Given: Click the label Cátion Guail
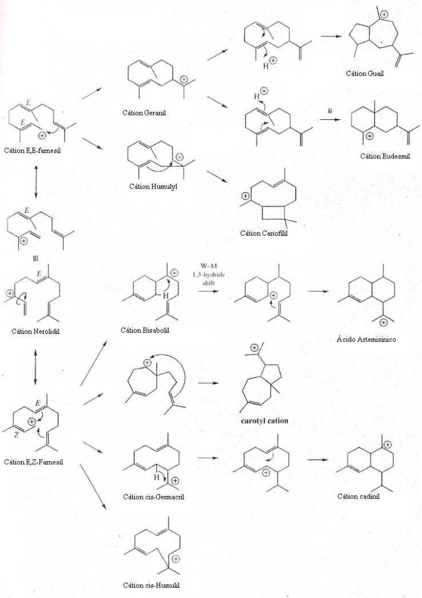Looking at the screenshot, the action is point(365,73).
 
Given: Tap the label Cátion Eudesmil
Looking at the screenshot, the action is point(385,156).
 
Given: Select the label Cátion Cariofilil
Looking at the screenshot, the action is point(264,233).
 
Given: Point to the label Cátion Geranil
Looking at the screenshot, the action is point(144,113).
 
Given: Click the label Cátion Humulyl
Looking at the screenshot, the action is point(153,187).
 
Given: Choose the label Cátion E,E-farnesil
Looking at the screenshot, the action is point(32,150).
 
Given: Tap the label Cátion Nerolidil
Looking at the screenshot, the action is point(36,331).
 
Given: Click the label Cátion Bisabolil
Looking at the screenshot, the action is point(145,330).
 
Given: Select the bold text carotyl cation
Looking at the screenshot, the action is point(264,421).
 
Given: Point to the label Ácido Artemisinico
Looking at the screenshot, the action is point(366,339).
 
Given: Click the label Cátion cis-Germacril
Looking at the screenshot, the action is point(153,497).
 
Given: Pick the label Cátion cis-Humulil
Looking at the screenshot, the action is point(151,585).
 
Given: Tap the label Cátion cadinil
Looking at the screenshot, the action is point(358,496).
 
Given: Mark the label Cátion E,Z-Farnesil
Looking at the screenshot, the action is point(33,462).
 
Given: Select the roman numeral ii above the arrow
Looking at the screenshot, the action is point(329,111).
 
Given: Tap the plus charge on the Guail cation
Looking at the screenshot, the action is point(385,14).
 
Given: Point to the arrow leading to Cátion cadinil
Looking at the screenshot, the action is point(318,459).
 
